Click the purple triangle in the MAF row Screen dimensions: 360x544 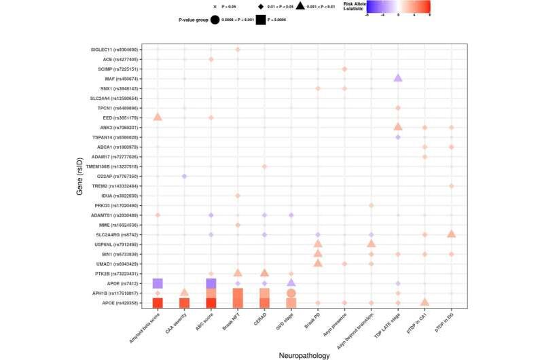[398, 78]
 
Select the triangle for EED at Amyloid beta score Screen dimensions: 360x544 [158, 117]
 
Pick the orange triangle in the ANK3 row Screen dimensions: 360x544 [398, 126]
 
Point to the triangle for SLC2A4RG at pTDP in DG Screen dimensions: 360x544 [451, 234]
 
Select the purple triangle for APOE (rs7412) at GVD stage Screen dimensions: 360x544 [291, 283]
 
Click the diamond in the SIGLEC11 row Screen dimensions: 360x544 [238, 50]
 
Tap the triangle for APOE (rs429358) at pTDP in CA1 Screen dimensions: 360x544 [424, 302]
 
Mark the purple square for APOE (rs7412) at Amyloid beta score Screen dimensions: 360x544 [158, 283]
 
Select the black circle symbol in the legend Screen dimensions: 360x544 [215, 20]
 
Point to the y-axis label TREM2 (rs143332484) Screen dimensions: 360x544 [113, 185]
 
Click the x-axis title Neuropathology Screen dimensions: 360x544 [304, 353]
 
